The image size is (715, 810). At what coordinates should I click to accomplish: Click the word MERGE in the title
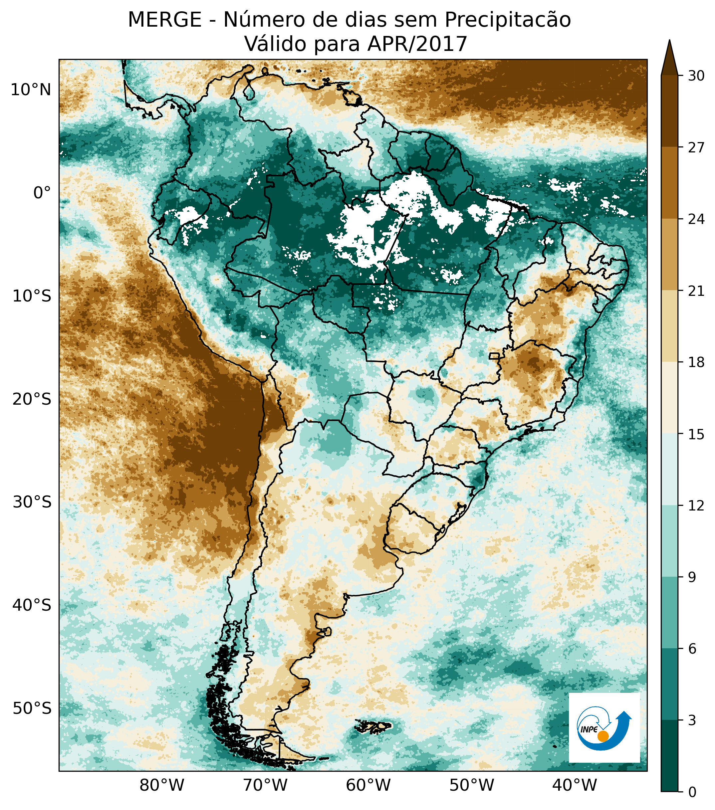(x=164, y=20)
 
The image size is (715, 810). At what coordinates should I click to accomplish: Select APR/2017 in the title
(x=417, y=44)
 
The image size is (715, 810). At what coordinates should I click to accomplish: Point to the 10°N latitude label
(x=31, y=90)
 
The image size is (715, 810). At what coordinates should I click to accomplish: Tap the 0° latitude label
(x=42, y=193)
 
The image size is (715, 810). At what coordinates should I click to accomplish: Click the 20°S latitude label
(x=32, y=399)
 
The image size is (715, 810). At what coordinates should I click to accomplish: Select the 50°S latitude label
(x=32, y=708)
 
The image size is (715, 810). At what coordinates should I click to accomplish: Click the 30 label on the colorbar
(x=696, y=76)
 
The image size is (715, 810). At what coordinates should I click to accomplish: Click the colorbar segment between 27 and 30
(x=669, y=111)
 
